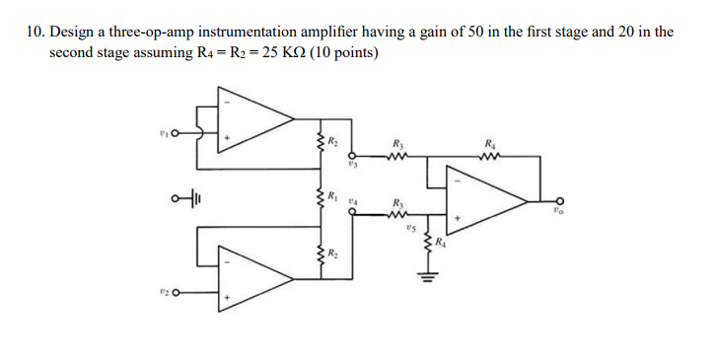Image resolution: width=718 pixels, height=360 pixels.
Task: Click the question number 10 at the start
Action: click(36, 32)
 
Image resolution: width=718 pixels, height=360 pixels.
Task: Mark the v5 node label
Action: click(409, 227)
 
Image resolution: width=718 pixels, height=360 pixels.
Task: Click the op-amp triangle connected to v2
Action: click(257, 279)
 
